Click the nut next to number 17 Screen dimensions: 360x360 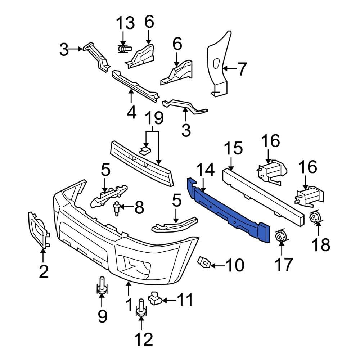tap(281, 236)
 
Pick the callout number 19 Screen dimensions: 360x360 tap(154, 119)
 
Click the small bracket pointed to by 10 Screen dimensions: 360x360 tap(204, 263)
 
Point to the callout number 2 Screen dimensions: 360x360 tap(43, 271)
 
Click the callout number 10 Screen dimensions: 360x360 tap(234, 266)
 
